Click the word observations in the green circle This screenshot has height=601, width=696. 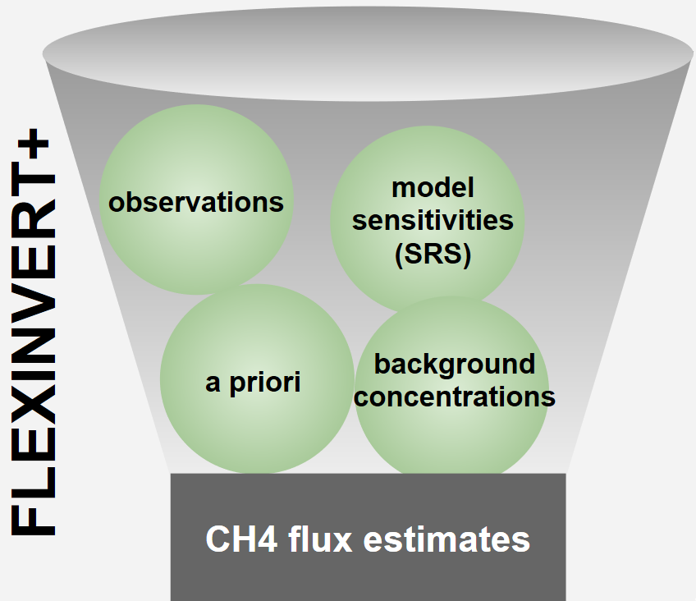(196, 202)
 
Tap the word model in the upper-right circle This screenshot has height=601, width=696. (433, 188)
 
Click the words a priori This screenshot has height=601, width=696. (253, 382)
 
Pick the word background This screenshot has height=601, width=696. (454, 364)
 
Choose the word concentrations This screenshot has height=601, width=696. (455, 397)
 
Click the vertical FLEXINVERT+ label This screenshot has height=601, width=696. (34, 337)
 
